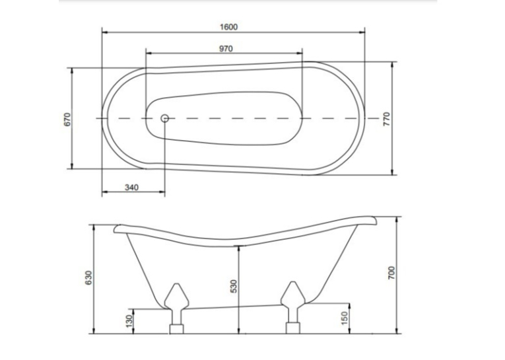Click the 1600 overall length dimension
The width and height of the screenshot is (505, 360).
[x=228, y=27]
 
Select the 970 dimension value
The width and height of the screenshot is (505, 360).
[x=226, y=49]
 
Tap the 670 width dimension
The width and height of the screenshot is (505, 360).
[x=67, y=120]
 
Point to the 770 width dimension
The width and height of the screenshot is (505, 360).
[x=386, y=119]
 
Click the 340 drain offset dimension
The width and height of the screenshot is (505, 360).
[x=131, y=187]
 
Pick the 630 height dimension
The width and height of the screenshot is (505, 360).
[x=88, y=277]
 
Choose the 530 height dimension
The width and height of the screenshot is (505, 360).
[x=234, y=286]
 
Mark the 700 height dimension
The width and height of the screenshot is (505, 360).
[x=391, y=273]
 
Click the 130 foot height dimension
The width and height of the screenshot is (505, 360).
[x=129, y=321]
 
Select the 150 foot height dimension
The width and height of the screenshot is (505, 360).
[x=345, y=318]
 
